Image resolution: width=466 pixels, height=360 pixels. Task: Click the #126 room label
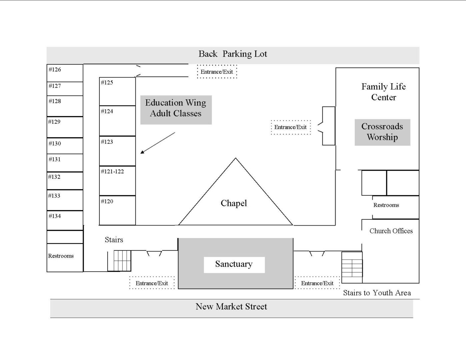55,69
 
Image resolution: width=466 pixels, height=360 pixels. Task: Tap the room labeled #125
117,92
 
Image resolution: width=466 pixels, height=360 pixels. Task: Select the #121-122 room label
112,171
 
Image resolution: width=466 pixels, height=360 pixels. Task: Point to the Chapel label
234,203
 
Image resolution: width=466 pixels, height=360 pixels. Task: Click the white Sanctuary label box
234,265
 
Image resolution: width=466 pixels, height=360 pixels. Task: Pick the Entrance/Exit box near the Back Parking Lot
217,72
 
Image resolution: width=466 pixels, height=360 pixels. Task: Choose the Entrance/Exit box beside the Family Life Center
291,127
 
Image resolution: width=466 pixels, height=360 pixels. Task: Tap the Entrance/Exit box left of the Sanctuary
152,283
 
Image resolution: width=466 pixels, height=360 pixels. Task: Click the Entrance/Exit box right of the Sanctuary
317,283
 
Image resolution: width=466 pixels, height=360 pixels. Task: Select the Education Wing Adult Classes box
176,110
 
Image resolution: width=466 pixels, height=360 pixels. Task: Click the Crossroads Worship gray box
382,132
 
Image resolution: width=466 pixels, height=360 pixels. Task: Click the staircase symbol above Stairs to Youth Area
352,267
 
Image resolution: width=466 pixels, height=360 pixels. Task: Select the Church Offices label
391,231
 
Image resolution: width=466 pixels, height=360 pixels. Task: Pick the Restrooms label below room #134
61,256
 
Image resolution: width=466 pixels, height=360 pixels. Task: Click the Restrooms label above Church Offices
386,205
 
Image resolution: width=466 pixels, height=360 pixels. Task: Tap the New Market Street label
231,307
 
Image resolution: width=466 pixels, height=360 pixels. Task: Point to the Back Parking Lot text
233,54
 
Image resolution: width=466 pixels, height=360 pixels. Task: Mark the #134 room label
55,216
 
